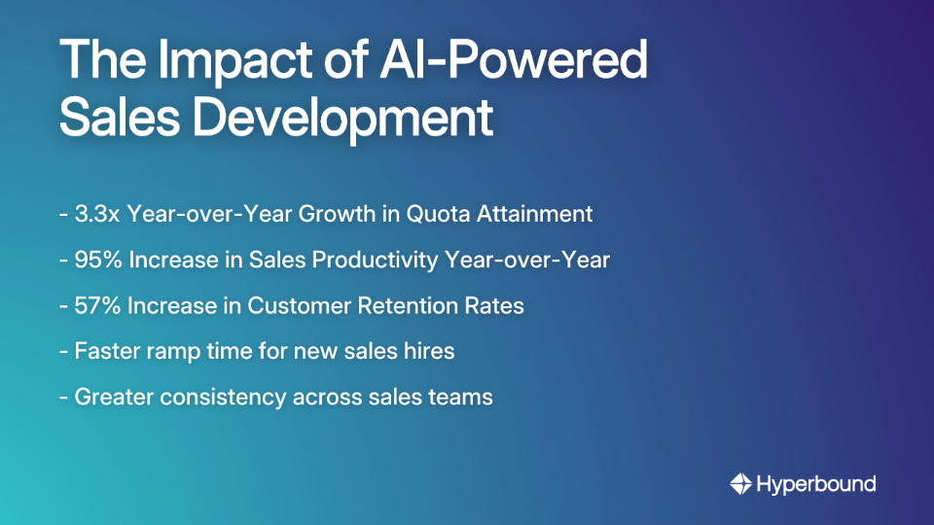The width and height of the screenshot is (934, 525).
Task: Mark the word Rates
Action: click(496, 305)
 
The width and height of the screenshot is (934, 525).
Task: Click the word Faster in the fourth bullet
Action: click(106, 351)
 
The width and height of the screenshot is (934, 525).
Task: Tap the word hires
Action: click(429, 351)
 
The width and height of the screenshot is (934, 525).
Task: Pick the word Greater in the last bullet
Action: click(113, 397)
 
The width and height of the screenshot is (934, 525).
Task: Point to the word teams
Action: click(462, 397)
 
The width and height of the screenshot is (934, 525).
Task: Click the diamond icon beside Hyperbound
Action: click(740, 483)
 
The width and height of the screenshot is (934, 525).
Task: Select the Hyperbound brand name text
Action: click(816, 483)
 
